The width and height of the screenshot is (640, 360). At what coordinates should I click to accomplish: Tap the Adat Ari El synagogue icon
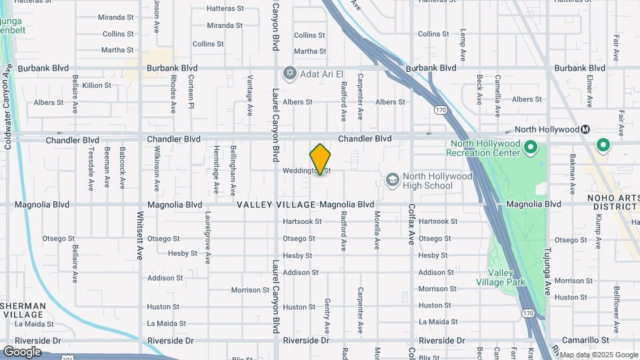tap(289, 72)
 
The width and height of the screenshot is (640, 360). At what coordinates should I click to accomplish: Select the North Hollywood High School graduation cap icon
tap(392, 179)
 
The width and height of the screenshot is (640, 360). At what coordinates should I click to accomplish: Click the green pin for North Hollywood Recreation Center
tap(531, 147)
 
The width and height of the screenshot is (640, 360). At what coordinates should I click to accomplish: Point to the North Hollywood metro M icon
tap(585, 129)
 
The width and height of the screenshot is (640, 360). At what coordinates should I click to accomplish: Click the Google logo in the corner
tap(22, 352)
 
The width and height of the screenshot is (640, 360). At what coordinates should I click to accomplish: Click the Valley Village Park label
tap(507, 277)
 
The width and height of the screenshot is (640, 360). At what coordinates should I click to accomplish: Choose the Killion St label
tap(97, 85)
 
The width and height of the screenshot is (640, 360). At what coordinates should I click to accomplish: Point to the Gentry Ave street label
tap(327, 316)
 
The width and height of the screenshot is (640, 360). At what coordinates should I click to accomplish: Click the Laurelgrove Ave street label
tap(208, 237)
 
